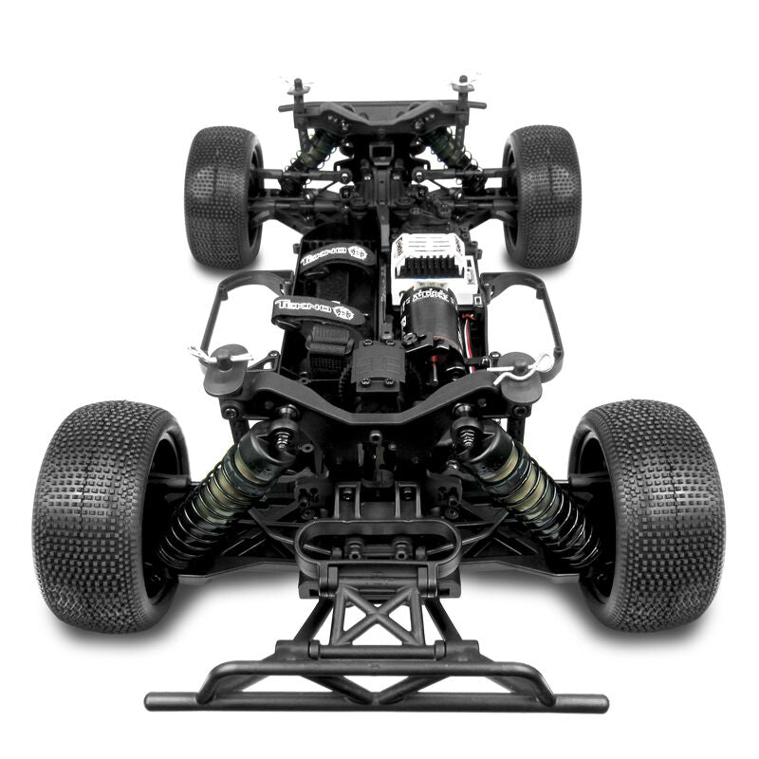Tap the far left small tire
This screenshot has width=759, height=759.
point(222,194)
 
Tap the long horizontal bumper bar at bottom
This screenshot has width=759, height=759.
point(377,700)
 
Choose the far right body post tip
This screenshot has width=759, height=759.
point(463,84)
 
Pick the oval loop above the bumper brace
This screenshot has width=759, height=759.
point(377,539)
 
